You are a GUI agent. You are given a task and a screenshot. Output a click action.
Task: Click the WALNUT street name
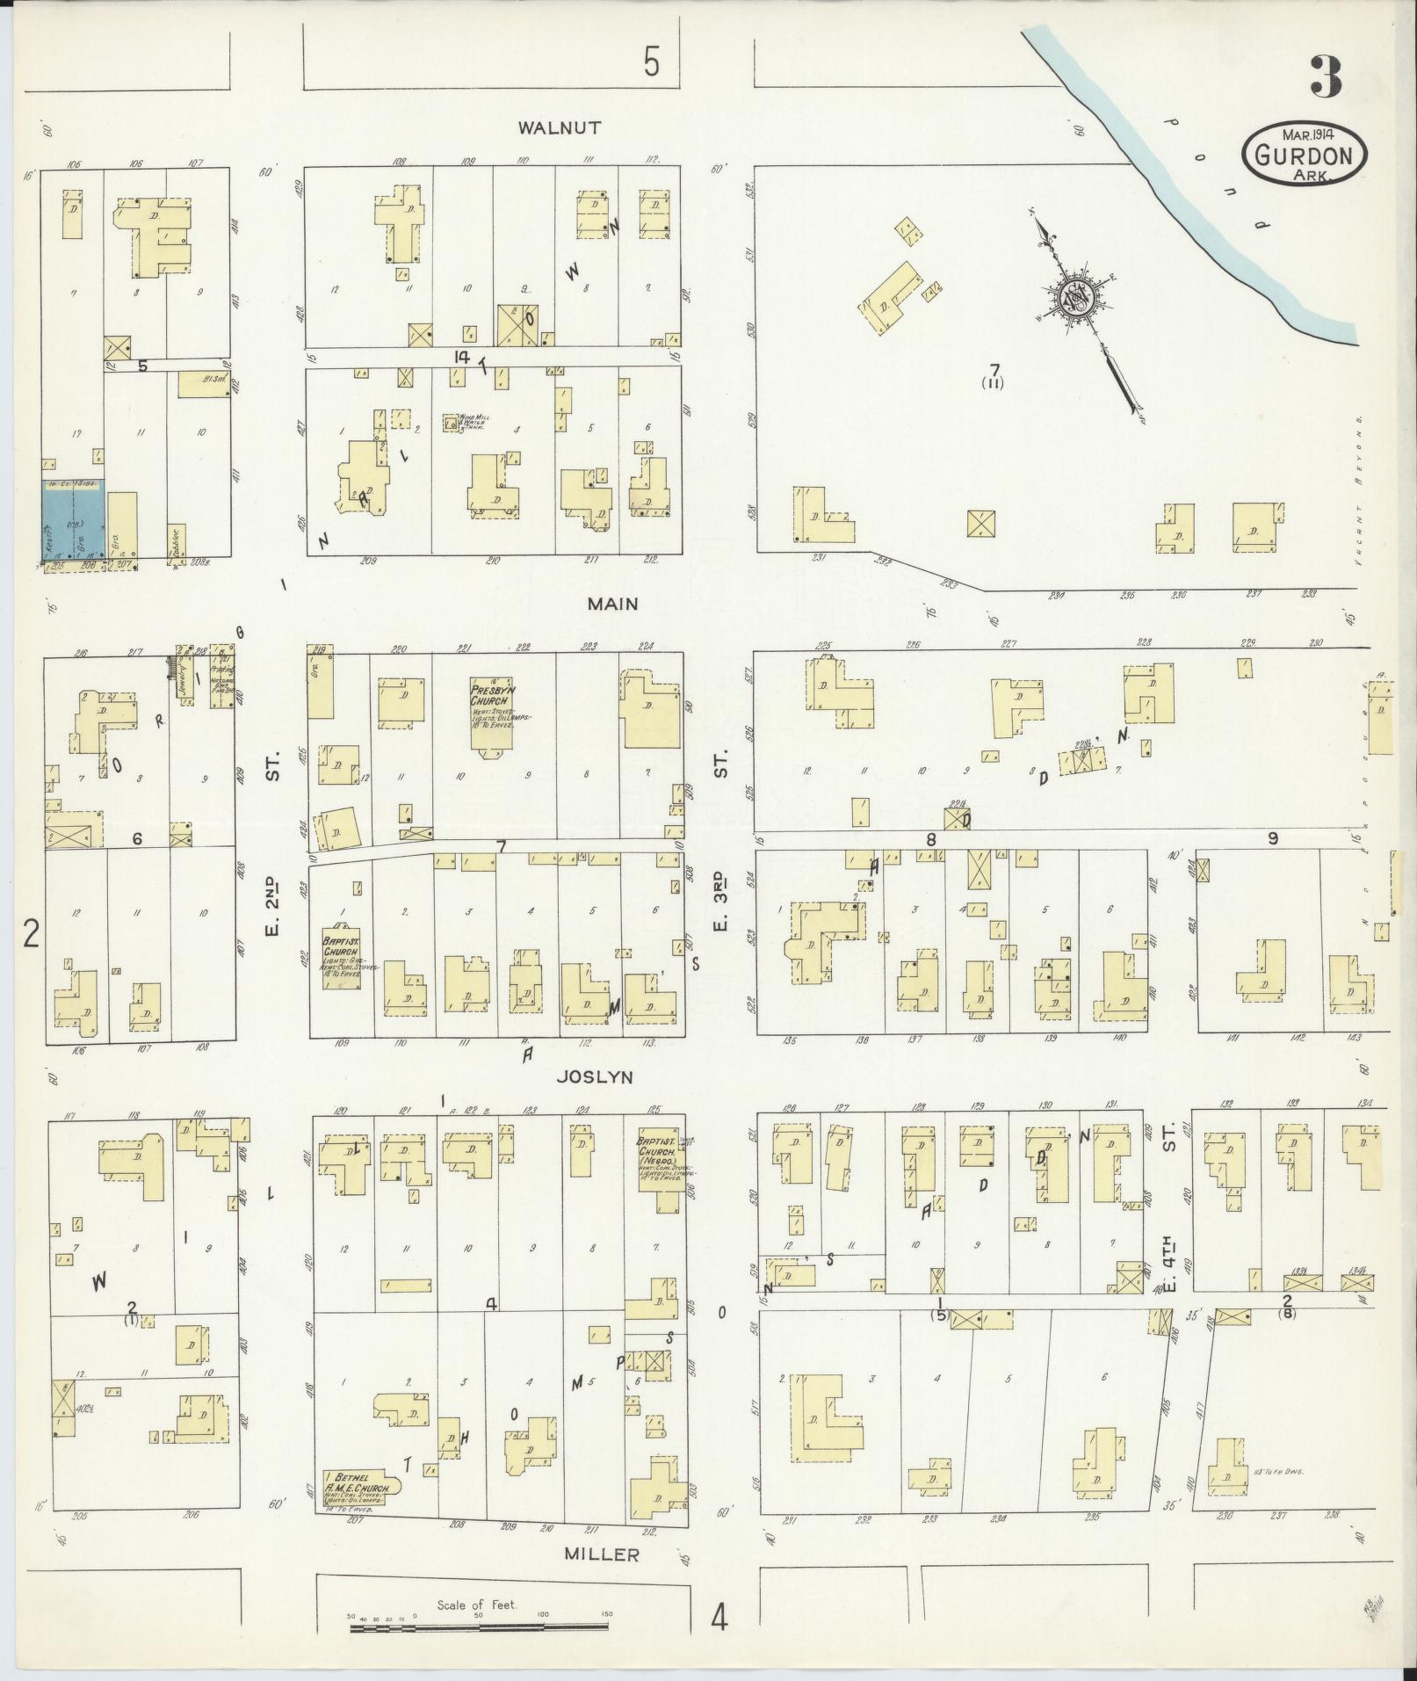[560, 128]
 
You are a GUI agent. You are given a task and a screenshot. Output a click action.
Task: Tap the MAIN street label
[614, 605]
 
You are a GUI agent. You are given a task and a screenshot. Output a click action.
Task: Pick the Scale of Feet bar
[479, 1627]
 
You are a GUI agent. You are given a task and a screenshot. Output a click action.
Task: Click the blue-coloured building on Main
[73, 518]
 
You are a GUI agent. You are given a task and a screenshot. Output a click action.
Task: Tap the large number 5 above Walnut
[651, 63]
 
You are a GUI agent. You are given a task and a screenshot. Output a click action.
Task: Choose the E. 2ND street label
[271, 892]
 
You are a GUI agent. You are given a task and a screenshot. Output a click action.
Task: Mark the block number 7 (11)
[994, 375]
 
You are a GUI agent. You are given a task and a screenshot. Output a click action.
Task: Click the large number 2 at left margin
[32, 934]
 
